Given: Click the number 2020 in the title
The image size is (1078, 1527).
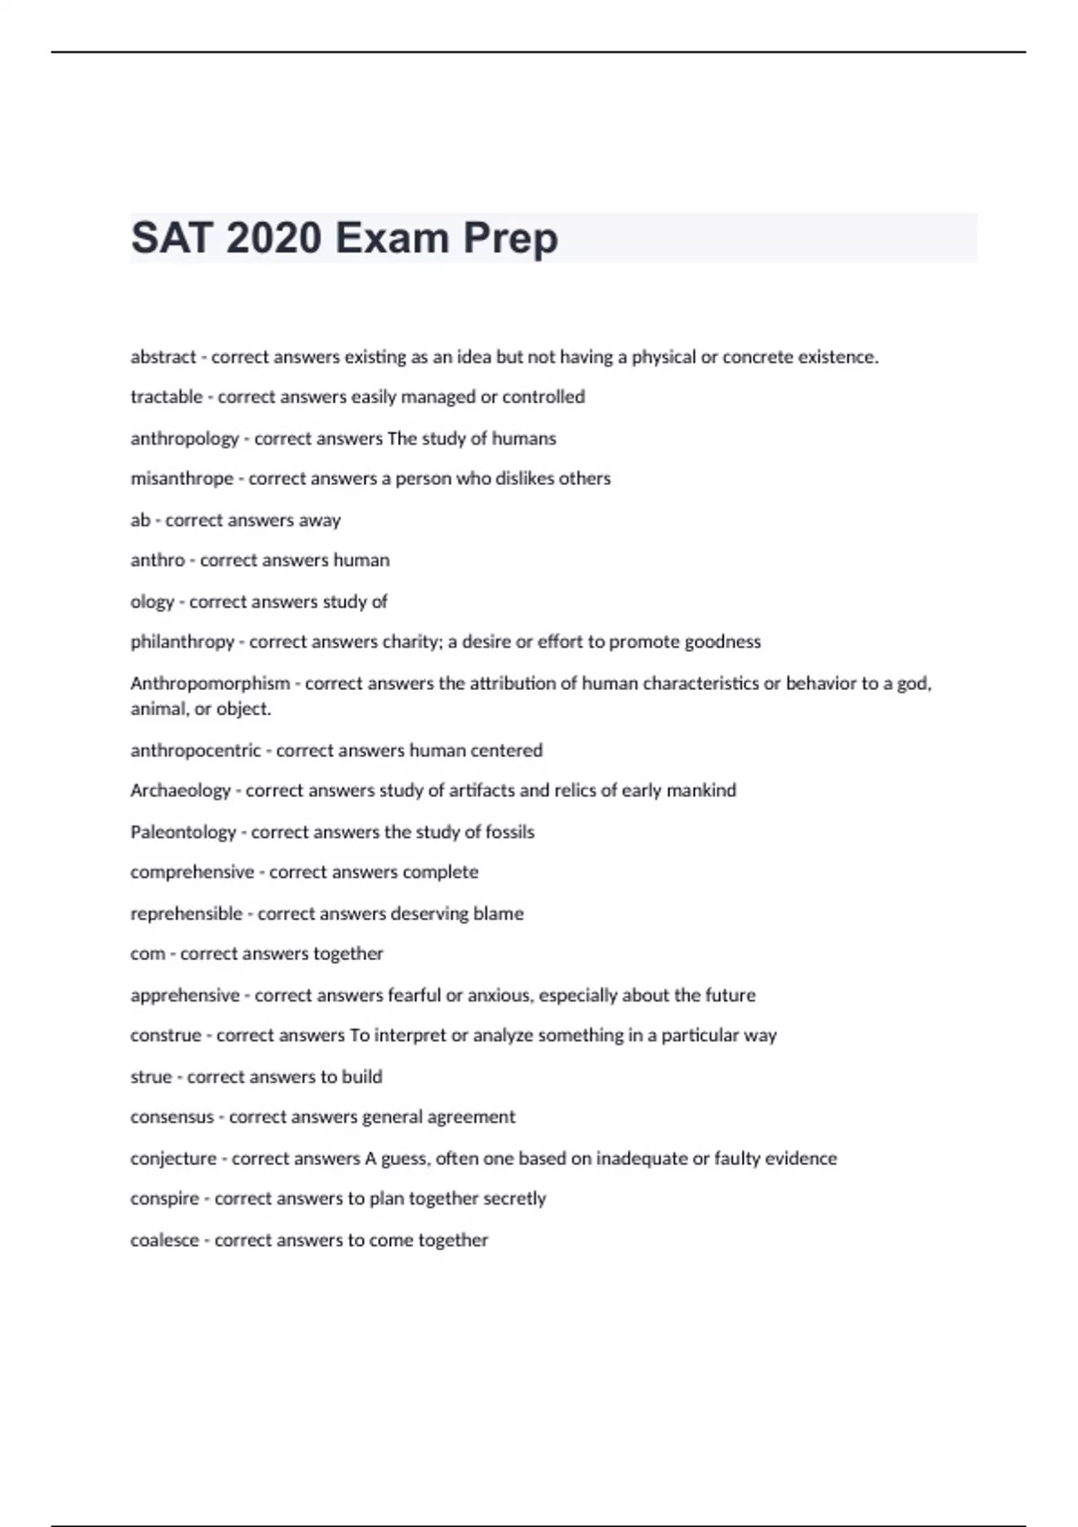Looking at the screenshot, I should click(x=274, y=239).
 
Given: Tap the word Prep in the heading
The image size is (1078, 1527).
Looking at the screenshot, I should click(x=510, y=239).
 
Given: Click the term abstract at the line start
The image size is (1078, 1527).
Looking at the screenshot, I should click(x=163, y=357).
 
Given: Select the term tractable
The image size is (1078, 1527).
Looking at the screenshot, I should click(x=166, y=397).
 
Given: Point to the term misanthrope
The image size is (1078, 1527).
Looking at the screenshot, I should click(x=181, y=479).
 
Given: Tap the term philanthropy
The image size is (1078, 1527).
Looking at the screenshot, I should click(x=182, y=642).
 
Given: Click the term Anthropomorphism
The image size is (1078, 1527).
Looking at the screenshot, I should click(x=210, y=684).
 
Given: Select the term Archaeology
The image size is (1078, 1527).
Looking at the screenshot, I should click(x=181, y=790).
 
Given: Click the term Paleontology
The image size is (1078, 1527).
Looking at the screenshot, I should click(x=183, y=832).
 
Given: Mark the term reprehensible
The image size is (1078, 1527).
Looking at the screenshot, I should click(x=186, y=914).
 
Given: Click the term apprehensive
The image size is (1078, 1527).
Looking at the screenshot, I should click(x=185, y=995).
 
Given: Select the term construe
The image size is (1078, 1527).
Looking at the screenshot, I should click(x=165, y=1036).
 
